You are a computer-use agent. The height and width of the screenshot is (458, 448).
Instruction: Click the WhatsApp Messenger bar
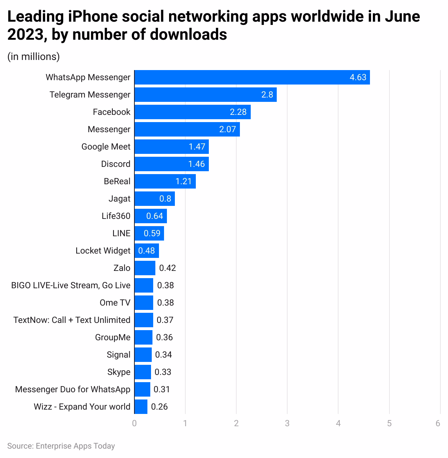coord(252,77)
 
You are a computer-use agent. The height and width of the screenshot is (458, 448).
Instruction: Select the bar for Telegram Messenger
coord(205,95)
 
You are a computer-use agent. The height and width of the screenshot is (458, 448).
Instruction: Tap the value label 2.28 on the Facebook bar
coord(238,112)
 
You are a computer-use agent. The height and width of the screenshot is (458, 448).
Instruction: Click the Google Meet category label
coord(105,147)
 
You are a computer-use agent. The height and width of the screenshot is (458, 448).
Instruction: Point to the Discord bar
coord(171,164)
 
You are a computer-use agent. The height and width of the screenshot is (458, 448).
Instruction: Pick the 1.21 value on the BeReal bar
coord(184,181)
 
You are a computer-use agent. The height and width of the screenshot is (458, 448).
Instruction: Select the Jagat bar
coord(154,199)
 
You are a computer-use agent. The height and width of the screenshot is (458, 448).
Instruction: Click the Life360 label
coord(116,216)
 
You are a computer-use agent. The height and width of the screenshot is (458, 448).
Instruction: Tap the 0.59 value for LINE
coord(152,233)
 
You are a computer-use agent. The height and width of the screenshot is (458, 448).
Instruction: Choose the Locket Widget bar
coord(146,251)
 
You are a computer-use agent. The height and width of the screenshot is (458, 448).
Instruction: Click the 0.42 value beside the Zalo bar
coord(167,268)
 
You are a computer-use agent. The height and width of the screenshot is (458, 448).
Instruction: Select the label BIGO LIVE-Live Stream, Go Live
coord(70,285)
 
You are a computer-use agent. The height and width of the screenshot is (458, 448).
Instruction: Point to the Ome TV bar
coord(143,303)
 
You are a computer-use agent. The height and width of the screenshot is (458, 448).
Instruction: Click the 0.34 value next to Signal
coord(163,355)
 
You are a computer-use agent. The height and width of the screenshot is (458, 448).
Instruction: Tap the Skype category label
coord(119,372)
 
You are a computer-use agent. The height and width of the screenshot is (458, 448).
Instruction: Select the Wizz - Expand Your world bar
coord(141,407)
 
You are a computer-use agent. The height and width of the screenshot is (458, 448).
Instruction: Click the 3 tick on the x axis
coord(287,423)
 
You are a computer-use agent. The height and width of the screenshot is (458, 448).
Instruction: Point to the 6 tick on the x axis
coord(438,423)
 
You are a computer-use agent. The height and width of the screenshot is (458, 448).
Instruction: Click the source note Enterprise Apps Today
coord(61,446)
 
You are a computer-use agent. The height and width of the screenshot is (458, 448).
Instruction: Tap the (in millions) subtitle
coord(34,57)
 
